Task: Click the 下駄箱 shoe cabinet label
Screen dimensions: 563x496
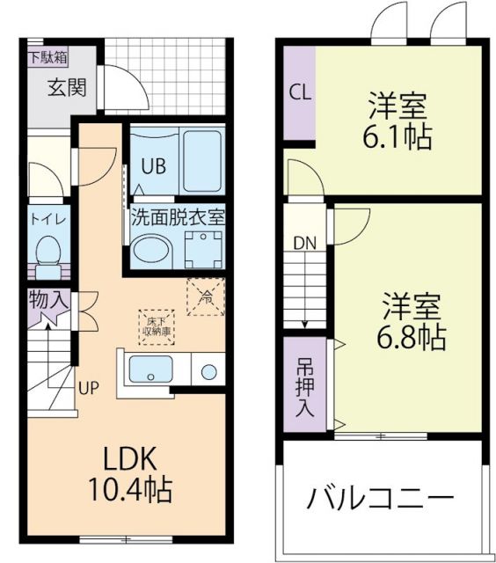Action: pyautogui.click(x=47, y=59)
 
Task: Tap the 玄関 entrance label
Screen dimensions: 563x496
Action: pyautogui.click(x=66, y=87)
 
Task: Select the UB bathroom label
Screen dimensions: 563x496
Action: pyautogui.click(x=152, y=166)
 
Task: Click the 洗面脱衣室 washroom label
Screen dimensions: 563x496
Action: pyautogui.click(x=178, y=216)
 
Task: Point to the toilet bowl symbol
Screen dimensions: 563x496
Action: pyautogui.click(x=47, y=252)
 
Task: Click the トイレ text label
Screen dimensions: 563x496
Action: pyautogui.click(x=48, y=219)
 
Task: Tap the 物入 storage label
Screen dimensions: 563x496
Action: pyautogui.click(x=47, y=298)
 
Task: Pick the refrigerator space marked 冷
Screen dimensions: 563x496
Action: pyautogui.click(x=205, y=296)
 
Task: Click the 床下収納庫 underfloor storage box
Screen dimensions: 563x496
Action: pyautogui.click(x=157, y=325)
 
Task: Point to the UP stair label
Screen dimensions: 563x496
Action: pyautogui.click(x=90, y=387)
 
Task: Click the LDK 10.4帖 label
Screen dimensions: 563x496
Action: pyautogui.click(x=131, y=472)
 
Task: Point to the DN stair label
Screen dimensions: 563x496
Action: pyautogui.click(x=304, y=243)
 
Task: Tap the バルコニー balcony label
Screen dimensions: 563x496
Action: pyautogui.click(x=380, y=500)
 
